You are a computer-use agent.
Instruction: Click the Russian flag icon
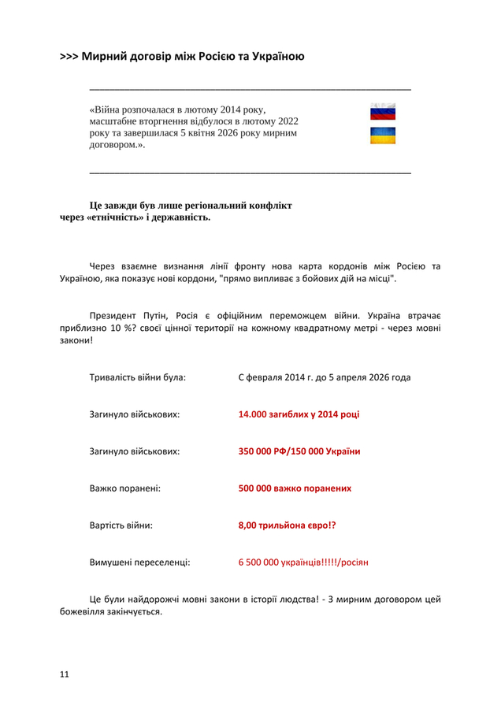pyautogui.click(x=383, y=112)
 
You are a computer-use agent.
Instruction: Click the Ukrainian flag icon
pyautogui.click(x=383, y=136)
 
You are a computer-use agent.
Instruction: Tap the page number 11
pyautogui.click(x=65, y=674)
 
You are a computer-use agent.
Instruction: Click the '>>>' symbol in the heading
pyautogui.click(x=69, y=57)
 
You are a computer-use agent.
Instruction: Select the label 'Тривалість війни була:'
pyautogui.click(x=138, y=377)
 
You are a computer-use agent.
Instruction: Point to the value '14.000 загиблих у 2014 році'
pyautogui.click(x=299, y=414)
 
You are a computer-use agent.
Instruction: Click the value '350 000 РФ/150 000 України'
pyautogui.click(x=299, y=451)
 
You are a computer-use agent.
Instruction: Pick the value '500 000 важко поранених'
pyautogui.click(x=295, y=488)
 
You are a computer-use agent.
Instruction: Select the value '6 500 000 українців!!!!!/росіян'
pyautogui.click(x=303, y=562)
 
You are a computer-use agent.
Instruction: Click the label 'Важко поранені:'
pyautogui.click(x=125, y=488)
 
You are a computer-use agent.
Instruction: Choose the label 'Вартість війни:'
pyautogui.click(x=121, y=525)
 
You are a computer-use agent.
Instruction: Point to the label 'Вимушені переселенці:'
pyautogui.click(x=139, y=562)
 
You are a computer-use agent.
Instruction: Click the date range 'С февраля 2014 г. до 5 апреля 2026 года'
pyautogui.click(x=324, y=377)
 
